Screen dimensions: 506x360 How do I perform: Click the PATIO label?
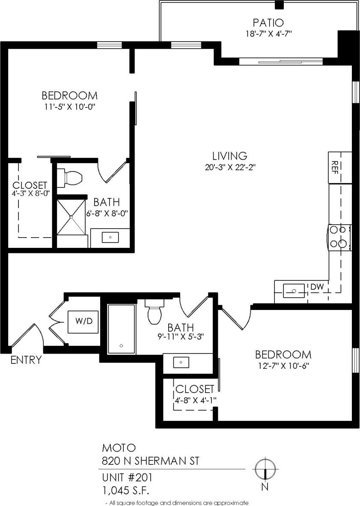coord(268,22)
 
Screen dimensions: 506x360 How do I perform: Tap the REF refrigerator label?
coord(335,165)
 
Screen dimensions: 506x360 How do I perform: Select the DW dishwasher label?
coord(317,286)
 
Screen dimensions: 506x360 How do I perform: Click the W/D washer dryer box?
coord(84,321)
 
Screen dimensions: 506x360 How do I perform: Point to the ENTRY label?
coord(26,360)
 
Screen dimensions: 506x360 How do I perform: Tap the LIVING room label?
coord(230,156)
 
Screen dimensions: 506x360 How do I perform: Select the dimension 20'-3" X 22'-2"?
coord(230,167)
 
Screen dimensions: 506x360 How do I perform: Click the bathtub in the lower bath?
coord(121,329)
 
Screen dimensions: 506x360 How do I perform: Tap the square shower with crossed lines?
coord(71,217)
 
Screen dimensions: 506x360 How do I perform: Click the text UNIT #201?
coord(127,477)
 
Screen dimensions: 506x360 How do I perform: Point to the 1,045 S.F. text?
coord(125,489)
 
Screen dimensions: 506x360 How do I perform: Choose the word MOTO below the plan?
coord(119,448)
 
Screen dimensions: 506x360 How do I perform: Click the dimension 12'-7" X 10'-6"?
coord(283,366)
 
